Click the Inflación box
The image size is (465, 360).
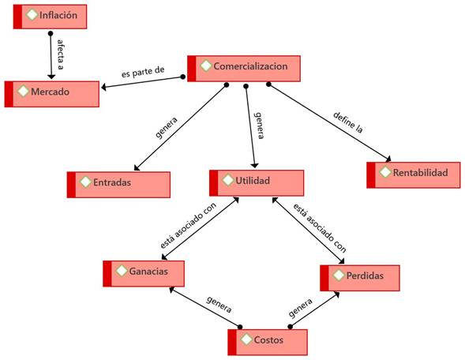[50, 17]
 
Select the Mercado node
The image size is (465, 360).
[52, 94]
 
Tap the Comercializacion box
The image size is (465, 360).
[244, 69]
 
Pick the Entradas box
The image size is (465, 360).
[118, 185]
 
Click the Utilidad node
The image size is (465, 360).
[257, 183]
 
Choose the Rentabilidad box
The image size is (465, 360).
[414, 175]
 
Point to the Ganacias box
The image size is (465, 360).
[144, 274]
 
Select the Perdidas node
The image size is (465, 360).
[360, 278]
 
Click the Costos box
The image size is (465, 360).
[268, 342]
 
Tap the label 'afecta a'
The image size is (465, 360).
[61, 54]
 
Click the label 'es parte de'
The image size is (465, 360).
[143, 72]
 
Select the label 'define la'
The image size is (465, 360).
[348, 122]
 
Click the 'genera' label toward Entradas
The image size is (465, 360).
[167, 127]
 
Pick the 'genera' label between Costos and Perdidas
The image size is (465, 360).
[300, 308]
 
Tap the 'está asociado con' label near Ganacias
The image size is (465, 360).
[188, 225]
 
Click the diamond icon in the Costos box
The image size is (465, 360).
[246, 339]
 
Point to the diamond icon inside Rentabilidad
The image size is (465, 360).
[385, 172]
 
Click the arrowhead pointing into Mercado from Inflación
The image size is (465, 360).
[51, 77]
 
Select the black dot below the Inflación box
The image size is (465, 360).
[51, 33]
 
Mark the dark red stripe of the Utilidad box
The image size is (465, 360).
[213, 183]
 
